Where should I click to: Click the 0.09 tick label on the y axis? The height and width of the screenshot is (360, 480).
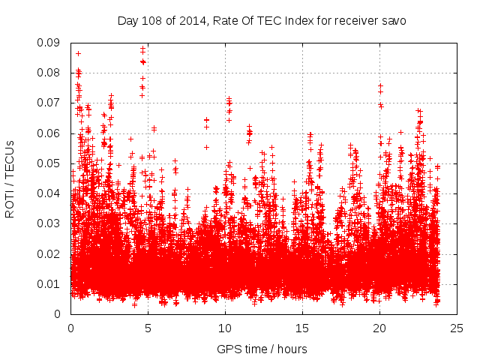click(49, 43)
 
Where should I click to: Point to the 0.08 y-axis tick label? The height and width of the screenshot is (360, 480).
click(49, 73)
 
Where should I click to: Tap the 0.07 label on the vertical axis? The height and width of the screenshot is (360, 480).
click(49, 103)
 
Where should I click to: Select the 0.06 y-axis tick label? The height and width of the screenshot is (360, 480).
click(49, 133)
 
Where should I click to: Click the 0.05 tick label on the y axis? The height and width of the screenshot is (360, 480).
click(49, 163)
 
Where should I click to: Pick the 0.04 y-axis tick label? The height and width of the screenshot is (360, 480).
click(49, 193)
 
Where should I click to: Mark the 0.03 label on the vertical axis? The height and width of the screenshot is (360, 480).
click(49, 223)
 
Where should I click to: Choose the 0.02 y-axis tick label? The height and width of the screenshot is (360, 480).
click(49, 253)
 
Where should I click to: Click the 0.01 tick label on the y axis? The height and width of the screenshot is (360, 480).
click(49, 283)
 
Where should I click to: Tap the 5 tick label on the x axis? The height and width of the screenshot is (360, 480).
click(148, 328)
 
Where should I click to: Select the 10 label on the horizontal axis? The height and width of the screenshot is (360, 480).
click(225, 328)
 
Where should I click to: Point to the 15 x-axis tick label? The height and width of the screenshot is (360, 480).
click(302, 328)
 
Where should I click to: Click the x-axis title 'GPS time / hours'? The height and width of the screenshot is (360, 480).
click(262, 349)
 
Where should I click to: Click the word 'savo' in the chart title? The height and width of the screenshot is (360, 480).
click(393, 21)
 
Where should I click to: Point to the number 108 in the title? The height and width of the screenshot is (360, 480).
click(151, 21)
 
